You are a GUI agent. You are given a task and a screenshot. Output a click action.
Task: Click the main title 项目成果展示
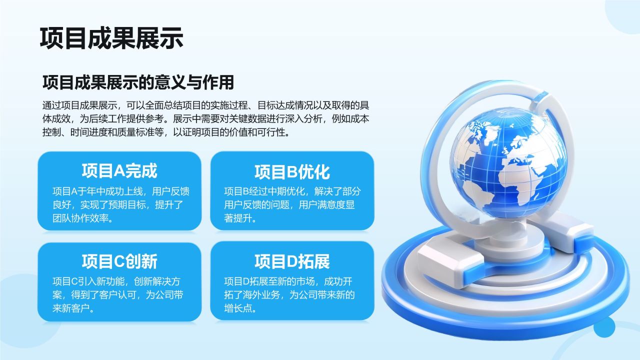point(111,38)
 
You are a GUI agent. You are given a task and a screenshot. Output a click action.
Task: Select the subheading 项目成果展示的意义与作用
point(138,82)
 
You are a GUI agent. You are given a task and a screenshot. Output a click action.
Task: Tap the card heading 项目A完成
point(119,171)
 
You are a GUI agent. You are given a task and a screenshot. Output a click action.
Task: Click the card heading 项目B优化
point(292,172)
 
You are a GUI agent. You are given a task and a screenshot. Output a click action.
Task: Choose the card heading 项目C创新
point(119,261)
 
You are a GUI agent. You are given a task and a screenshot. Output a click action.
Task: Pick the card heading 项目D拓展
point(292,261)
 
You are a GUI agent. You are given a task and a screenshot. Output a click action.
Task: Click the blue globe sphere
point(508,163)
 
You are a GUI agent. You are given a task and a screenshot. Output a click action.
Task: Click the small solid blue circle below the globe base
point(604,327)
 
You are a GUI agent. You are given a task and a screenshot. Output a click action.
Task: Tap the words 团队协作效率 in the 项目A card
point(80,218)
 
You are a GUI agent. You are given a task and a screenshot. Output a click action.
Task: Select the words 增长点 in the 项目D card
point(238,308)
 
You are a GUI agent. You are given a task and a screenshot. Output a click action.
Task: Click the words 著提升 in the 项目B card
point(238,218)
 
